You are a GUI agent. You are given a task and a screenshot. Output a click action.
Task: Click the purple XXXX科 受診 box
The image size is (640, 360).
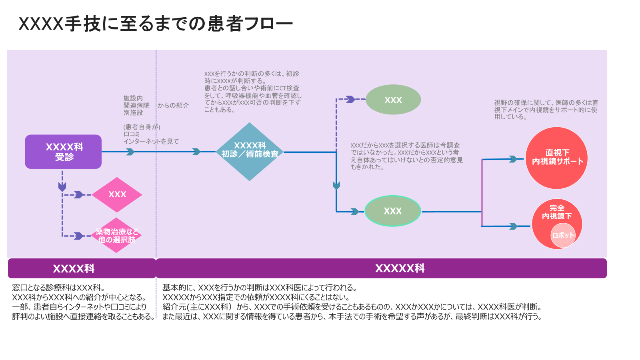tap(63, 152)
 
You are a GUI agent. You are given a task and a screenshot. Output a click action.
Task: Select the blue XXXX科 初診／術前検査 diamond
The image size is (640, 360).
tap(250, 152)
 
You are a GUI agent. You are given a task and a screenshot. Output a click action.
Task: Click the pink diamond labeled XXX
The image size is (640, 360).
tap(117, 194)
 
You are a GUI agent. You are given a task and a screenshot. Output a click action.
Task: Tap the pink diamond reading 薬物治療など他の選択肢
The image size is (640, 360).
tap(117, 236)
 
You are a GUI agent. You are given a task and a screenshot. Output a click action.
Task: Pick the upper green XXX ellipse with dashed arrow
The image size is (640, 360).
tap(393, 100)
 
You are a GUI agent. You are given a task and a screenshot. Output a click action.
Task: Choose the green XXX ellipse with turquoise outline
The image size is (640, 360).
tap(393, 211)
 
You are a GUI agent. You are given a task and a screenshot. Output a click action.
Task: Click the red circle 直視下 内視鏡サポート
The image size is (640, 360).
tap(556, 158)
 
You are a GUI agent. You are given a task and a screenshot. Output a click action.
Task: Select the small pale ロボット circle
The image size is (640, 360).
tap(563, 235)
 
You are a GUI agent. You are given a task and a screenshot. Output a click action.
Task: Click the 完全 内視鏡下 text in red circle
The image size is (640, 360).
tap(557, 212)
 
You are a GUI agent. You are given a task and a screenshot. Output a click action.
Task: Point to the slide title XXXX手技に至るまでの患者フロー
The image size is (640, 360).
tap(156, 24)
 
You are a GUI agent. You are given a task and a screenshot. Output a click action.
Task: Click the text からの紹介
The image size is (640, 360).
tap(173, 105)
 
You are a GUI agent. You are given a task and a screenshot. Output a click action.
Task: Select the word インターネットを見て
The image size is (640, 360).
tap(151, 141)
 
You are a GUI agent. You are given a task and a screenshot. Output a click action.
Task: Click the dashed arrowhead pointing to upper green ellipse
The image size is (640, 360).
tap(350, 99)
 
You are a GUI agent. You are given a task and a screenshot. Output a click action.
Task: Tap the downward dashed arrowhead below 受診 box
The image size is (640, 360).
tap(62, 186)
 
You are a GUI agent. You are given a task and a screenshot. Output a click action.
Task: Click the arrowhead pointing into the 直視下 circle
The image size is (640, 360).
tap(513, 159)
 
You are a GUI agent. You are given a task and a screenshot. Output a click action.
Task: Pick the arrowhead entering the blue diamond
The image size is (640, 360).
tap(196, 152)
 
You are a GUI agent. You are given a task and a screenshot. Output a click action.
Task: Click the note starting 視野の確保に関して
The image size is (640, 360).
tap(546, 110)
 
